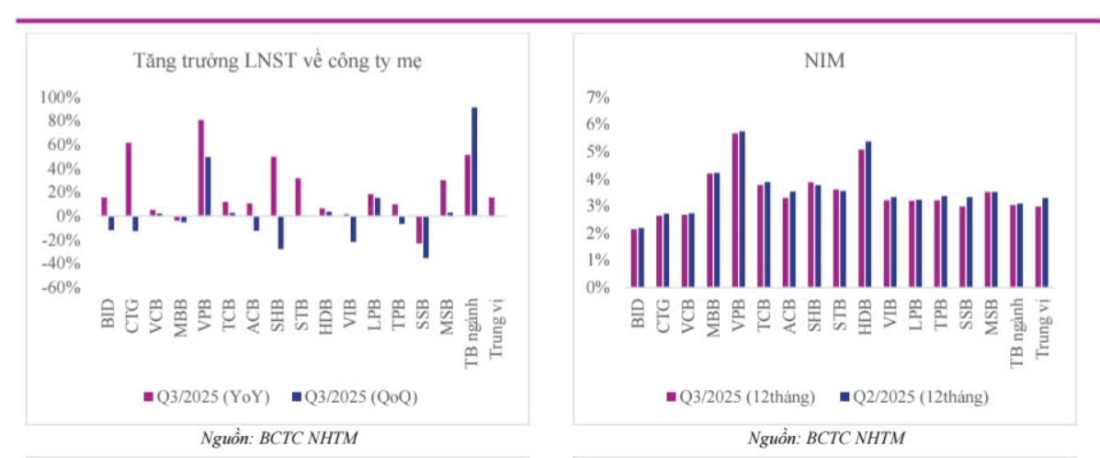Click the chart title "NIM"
[824, 62]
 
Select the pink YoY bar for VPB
[200, 167]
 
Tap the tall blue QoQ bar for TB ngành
[474, 161]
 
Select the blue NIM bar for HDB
[868, 214]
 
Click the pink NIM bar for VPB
[735, 210]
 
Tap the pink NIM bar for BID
[634, 258]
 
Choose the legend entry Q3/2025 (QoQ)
[354, 397]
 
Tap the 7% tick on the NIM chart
[598, 97]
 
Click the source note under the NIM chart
[825, 438]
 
